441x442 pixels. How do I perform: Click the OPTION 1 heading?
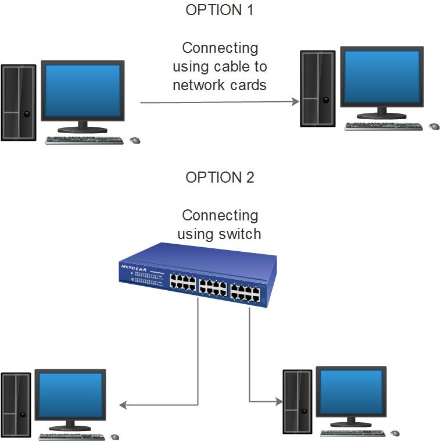tap(220, 10)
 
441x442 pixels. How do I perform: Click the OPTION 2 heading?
tap(220, 177)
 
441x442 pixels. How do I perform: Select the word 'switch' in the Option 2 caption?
tap(240, 234)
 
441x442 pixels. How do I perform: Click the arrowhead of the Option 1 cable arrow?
tap(295, 102)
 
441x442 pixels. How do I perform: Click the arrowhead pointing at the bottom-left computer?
tap(122, 405)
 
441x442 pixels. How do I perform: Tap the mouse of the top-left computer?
tap(135, 140)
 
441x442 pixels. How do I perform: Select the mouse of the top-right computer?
tap(433, 126)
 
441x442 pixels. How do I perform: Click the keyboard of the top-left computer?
tap(85, 140)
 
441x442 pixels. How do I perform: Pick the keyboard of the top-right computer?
tap(383, 126)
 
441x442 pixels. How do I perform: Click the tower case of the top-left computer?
tap(18, 102)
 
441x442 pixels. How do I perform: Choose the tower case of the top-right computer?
tap(317, 88)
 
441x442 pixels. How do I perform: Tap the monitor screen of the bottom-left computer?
tap(70, 395)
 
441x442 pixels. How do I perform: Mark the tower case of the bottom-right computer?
tap(297, 401)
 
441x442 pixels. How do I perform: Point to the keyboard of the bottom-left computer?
tap(72, 436)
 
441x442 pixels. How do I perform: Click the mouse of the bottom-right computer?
tap(395, 433)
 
